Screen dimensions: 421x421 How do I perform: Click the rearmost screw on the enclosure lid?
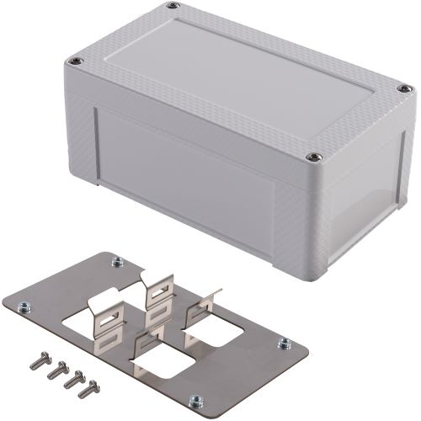(173, 7)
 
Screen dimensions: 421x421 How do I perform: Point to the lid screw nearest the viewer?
(313, 156)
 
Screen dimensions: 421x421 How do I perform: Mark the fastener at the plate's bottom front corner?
(195, 400)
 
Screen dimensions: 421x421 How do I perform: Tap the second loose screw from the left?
(54, 368)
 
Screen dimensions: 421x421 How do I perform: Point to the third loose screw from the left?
(71, 379)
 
